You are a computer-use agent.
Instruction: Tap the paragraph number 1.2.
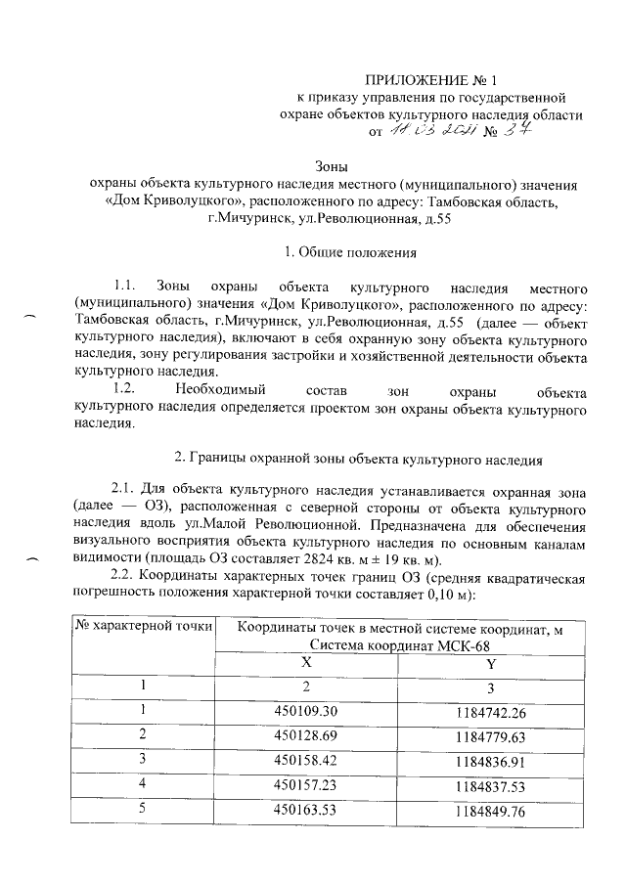[124, 391]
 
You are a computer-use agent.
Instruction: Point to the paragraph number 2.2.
[125, 575]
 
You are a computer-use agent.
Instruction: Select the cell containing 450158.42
[306, 758]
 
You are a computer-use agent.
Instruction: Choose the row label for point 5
[143, 808]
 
